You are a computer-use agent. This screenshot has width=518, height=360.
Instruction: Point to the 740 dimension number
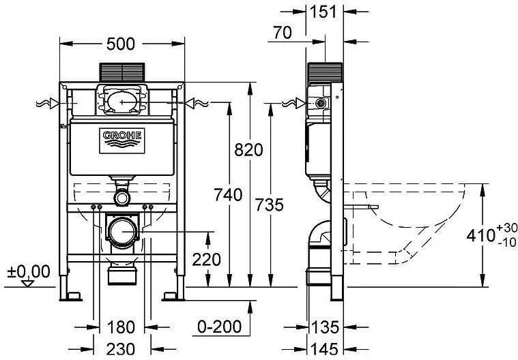tap(228, 195)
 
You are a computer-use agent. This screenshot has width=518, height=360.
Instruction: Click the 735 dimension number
tap(268, 204)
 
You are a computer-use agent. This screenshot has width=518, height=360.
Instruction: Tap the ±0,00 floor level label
tap(29, 271)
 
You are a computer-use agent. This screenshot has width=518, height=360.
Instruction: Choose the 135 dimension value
tap(326, 327)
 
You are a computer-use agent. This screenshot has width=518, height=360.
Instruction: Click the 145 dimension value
tap(325, 349)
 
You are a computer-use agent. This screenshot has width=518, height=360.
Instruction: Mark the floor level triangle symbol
tap(28, 283)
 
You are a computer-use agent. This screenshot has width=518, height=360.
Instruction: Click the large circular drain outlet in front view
tap(122, 232)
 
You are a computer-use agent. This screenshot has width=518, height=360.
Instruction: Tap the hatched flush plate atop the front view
tap(122, 72)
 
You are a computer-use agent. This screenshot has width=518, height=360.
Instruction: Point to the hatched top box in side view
tap(324, 74)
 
